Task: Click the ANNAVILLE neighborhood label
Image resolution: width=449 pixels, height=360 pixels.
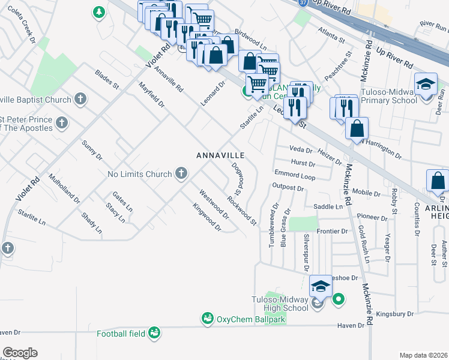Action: coord(220,155)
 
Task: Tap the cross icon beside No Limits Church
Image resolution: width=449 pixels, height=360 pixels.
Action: coord(181,174)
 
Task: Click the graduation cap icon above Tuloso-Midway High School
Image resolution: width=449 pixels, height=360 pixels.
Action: coord(321,285)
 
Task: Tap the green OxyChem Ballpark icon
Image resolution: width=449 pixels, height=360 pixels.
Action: coord(208,317)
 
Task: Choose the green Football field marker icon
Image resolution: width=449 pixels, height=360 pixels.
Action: coord(154,333)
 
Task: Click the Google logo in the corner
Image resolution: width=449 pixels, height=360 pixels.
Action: coord(20,353)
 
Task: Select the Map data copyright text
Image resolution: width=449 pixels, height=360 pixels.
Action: coord(423,355)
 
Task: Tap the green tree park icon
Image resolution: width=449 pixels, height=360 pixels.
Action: coord(98,11)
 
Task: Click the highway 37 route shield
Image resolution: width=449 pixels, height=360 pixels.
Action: coord(301,2)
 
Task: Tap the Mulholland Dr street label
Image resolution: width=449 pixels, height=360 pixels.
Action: coord(64,188)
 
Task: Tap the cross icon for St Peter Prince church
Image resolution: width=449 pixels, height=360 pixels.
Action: coord(61,124)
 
